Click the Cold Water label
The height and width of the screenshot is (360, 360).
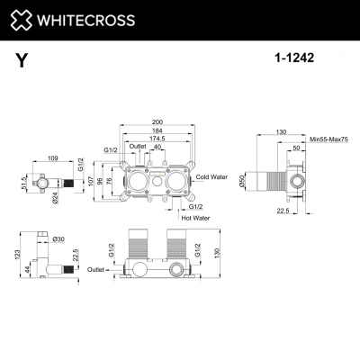pyautogui.click(x=215, y=177)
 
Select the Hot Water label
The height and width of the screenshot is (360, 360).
pyautogui.click(x=195, y=217)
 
